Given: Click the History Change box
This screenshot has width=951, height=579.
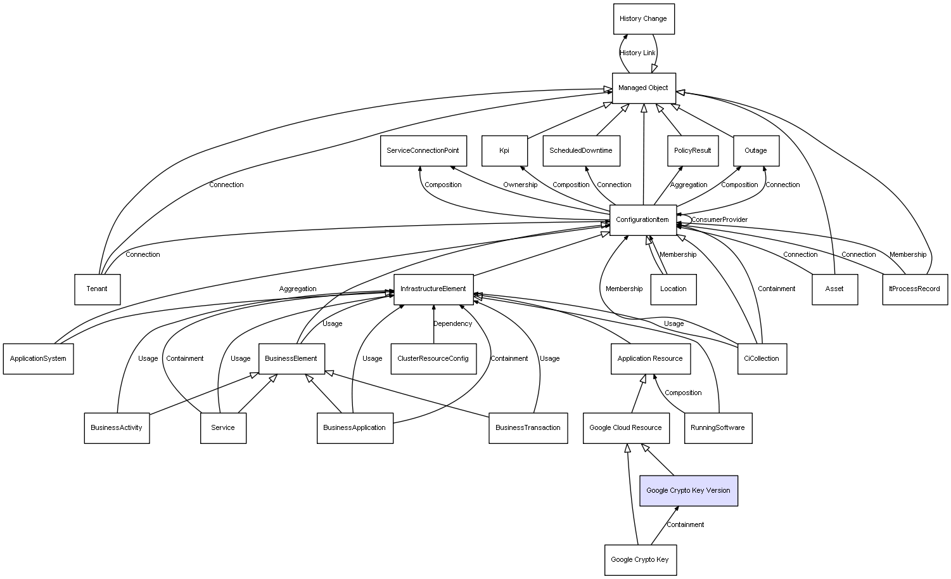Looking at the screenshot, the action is click(x=644, y=19).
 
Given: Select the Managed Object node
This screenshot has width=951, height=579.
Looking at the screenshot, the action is click(x=644, y=88).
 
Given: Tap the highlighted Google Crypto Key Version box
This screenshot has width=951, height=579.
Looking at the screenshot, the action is click(x=689, y=491).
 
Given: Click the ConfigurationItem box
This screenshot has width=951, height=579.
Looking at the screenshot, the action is click(x=643, y=220).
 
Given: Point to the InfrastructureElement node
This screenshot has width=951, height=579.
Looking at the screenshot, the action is click(x=433, y=289).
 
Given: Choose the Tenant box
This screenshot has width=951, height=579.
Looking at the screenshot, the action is click(x=97, y=289).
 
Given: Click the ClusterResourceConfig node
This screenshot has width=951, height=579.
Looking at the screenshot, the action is click(x=433, y=359).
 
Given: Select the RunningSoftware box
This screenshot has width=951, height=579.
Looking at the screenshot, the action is click(x=718, y=428).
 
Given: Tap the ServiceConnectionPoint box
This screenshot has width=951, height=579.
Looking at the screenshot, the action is click(x=423, y=151).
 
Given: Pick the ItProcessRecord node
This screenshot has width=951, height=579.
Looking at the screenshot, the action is click(x=915, y=289).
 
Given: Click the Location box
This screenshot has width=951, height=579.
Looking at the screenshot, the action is click(x=673, y=289).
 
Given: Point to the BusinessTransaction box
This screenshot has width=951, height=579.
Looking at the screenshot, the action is click(x=528, y=428).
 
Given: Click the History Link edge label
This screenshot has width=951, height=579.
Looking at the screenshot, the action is click(x=637, y=53).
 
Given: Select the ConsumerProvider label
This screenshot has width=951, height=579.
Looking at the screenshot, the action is click(x=719, y=219).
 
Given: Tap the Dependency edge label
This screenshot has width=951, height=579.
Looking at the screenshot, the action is click(x=452, y=323).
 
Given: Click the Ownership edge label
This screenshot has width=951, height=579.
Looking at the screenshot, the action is click(x=520, y=185).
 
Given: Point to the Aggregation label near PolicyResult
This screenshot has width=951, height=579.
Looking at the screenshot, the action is click(x=689, y=185).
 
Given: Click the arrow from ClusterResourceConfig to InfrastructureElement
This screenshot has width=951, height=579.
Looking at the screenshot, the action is click(x=433, y=324).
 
